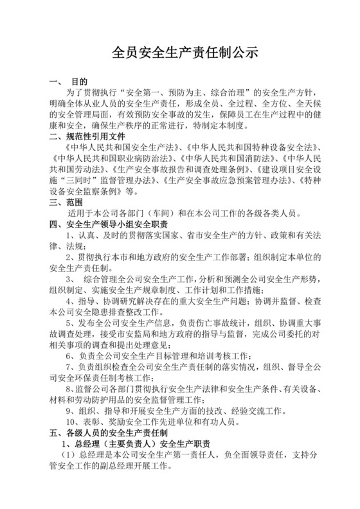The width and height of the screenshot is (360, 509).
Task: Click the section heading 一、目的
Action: pos(68,83)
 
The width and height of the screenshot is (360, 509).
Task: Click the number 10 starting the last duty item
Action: pos(72,422)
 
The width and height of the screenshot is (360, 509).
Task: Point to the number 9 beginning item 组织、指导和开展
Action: pos(69,411)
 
